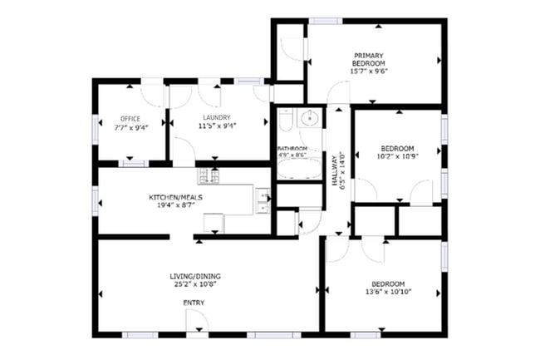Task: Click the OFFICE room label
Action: tap(130, 118)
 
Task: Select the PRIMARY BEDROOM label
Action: tap(369, 59)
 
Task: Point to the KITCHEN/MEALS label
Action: tap(174, 197)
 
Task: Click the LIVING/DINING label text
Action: tap(196, 276)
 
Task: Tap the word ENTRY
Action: tap(193, 303)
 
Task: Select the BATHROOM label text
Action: tap(292, 148)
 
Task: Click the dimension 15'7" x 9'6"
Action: tap(369, 71)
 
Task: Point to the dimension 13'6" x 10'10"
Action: tap(388, 292)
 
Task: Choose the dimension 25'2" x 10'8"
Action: tap(196, 285)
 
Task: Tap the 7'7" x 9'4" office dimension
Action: tap(130, 127)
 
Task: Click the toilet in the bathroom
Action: tap(283, 122)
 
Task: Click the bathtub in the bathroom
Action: tap(297, 170)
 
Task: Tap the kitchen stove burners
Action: tap(207, 175)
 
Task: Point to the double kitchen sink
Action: tap(263, 199)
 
